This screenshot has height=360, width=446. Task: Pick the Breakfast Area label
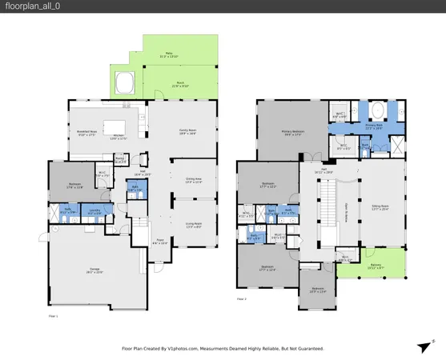86,134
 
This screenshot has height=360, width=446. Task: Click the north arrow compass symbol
423,346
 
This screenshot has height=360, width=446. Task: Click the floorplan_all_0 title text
30,7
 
